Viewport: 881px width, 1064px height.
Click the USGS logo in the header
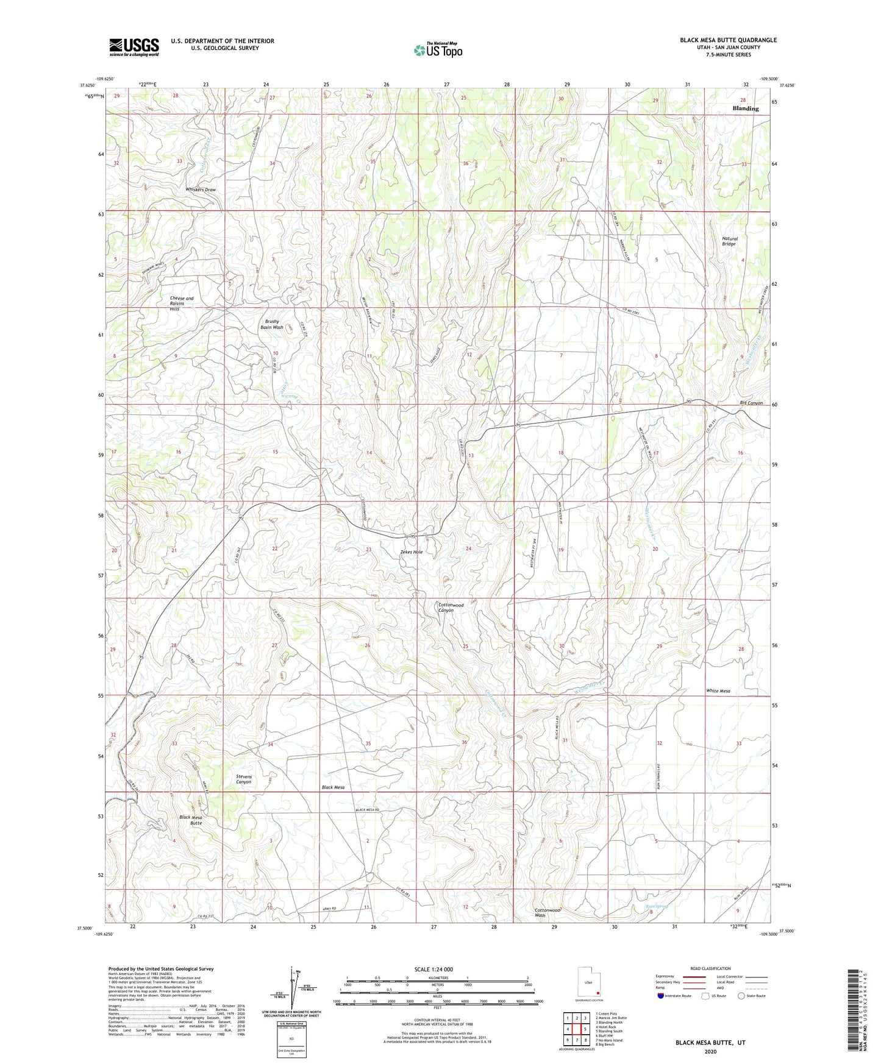134,47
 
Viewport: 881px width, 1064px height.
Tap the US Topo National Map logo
437,49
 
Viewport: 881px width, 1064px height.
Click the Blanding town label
745,108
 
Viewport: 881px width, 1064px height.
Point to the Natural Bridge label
729,241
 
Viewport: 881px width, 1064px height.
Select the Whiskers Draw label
201,190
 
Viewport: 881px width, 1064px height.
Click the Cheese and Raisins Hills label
181,303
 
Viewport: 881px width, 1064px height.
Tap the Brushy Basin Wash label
271,324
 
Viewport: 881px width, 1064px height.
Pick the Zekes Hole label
411,552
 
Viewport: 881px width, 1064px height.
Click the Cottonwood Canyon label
451,608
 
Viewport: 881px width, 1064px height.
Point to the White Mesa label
718,691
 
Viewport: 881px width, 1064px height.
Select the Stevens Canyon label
243,779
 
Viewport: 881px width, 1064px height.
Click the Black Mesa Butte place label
190,820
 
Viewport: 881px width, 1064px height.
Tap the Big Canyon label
751,403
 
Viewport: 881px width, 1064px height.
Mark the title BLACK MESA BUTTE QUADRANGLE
728,40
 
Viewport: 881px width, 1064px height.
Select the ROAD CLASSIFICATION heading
710,968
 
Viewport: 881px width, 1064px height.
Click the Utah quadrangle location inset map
588,983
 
